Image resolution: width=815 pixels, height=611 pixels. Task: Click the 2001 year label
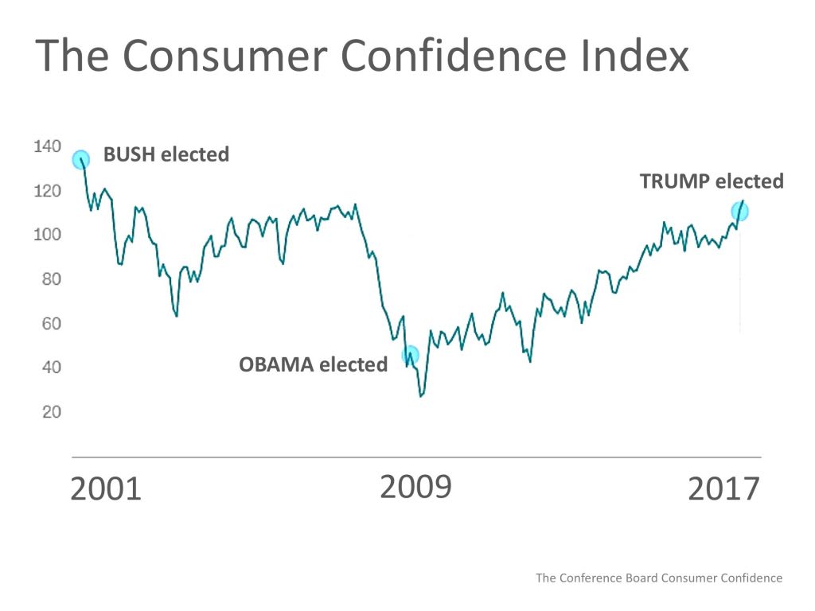(x=106, y=489)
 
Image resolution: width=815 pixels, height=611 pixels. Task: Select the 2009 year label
(x=415, y=487)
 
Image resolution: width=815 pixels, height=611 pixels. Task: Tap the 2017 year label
(x=724, y=489)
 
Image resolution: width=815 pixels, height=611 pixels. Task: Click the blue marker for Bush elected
(x=81, y=160)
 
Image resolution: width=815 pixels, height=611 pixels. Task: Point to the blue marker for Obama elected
(x=410, y=355)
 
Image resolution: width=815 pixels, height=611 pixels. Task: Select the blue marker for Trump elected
(x=739, y=212)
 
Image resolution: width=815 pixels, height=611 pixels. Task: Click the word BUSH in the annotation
(x=130, y=154)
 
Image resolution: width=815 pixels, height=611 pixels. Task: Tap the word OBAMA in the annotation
(x=275, y=365)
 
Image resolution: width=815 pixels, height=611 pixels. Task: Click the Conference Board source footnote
(x=659, y=578)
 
